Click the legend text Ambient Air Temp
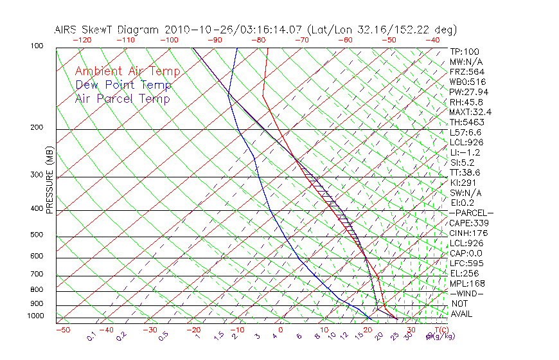pos(127,71)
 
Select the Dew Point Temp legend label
pos(123,85)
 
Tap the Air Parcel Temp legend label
pos(122,98)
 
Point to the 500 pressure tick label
pos(36,235)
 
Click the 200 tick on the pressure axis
pos(36,127)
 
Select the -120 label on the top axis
pos(82,40)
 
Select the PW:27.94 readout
pos(468,92)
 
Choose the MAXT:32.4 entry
pos(471,112)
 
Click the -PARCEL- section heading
pos(471,213)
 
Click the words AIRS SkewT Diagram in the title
pos(107,30)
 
